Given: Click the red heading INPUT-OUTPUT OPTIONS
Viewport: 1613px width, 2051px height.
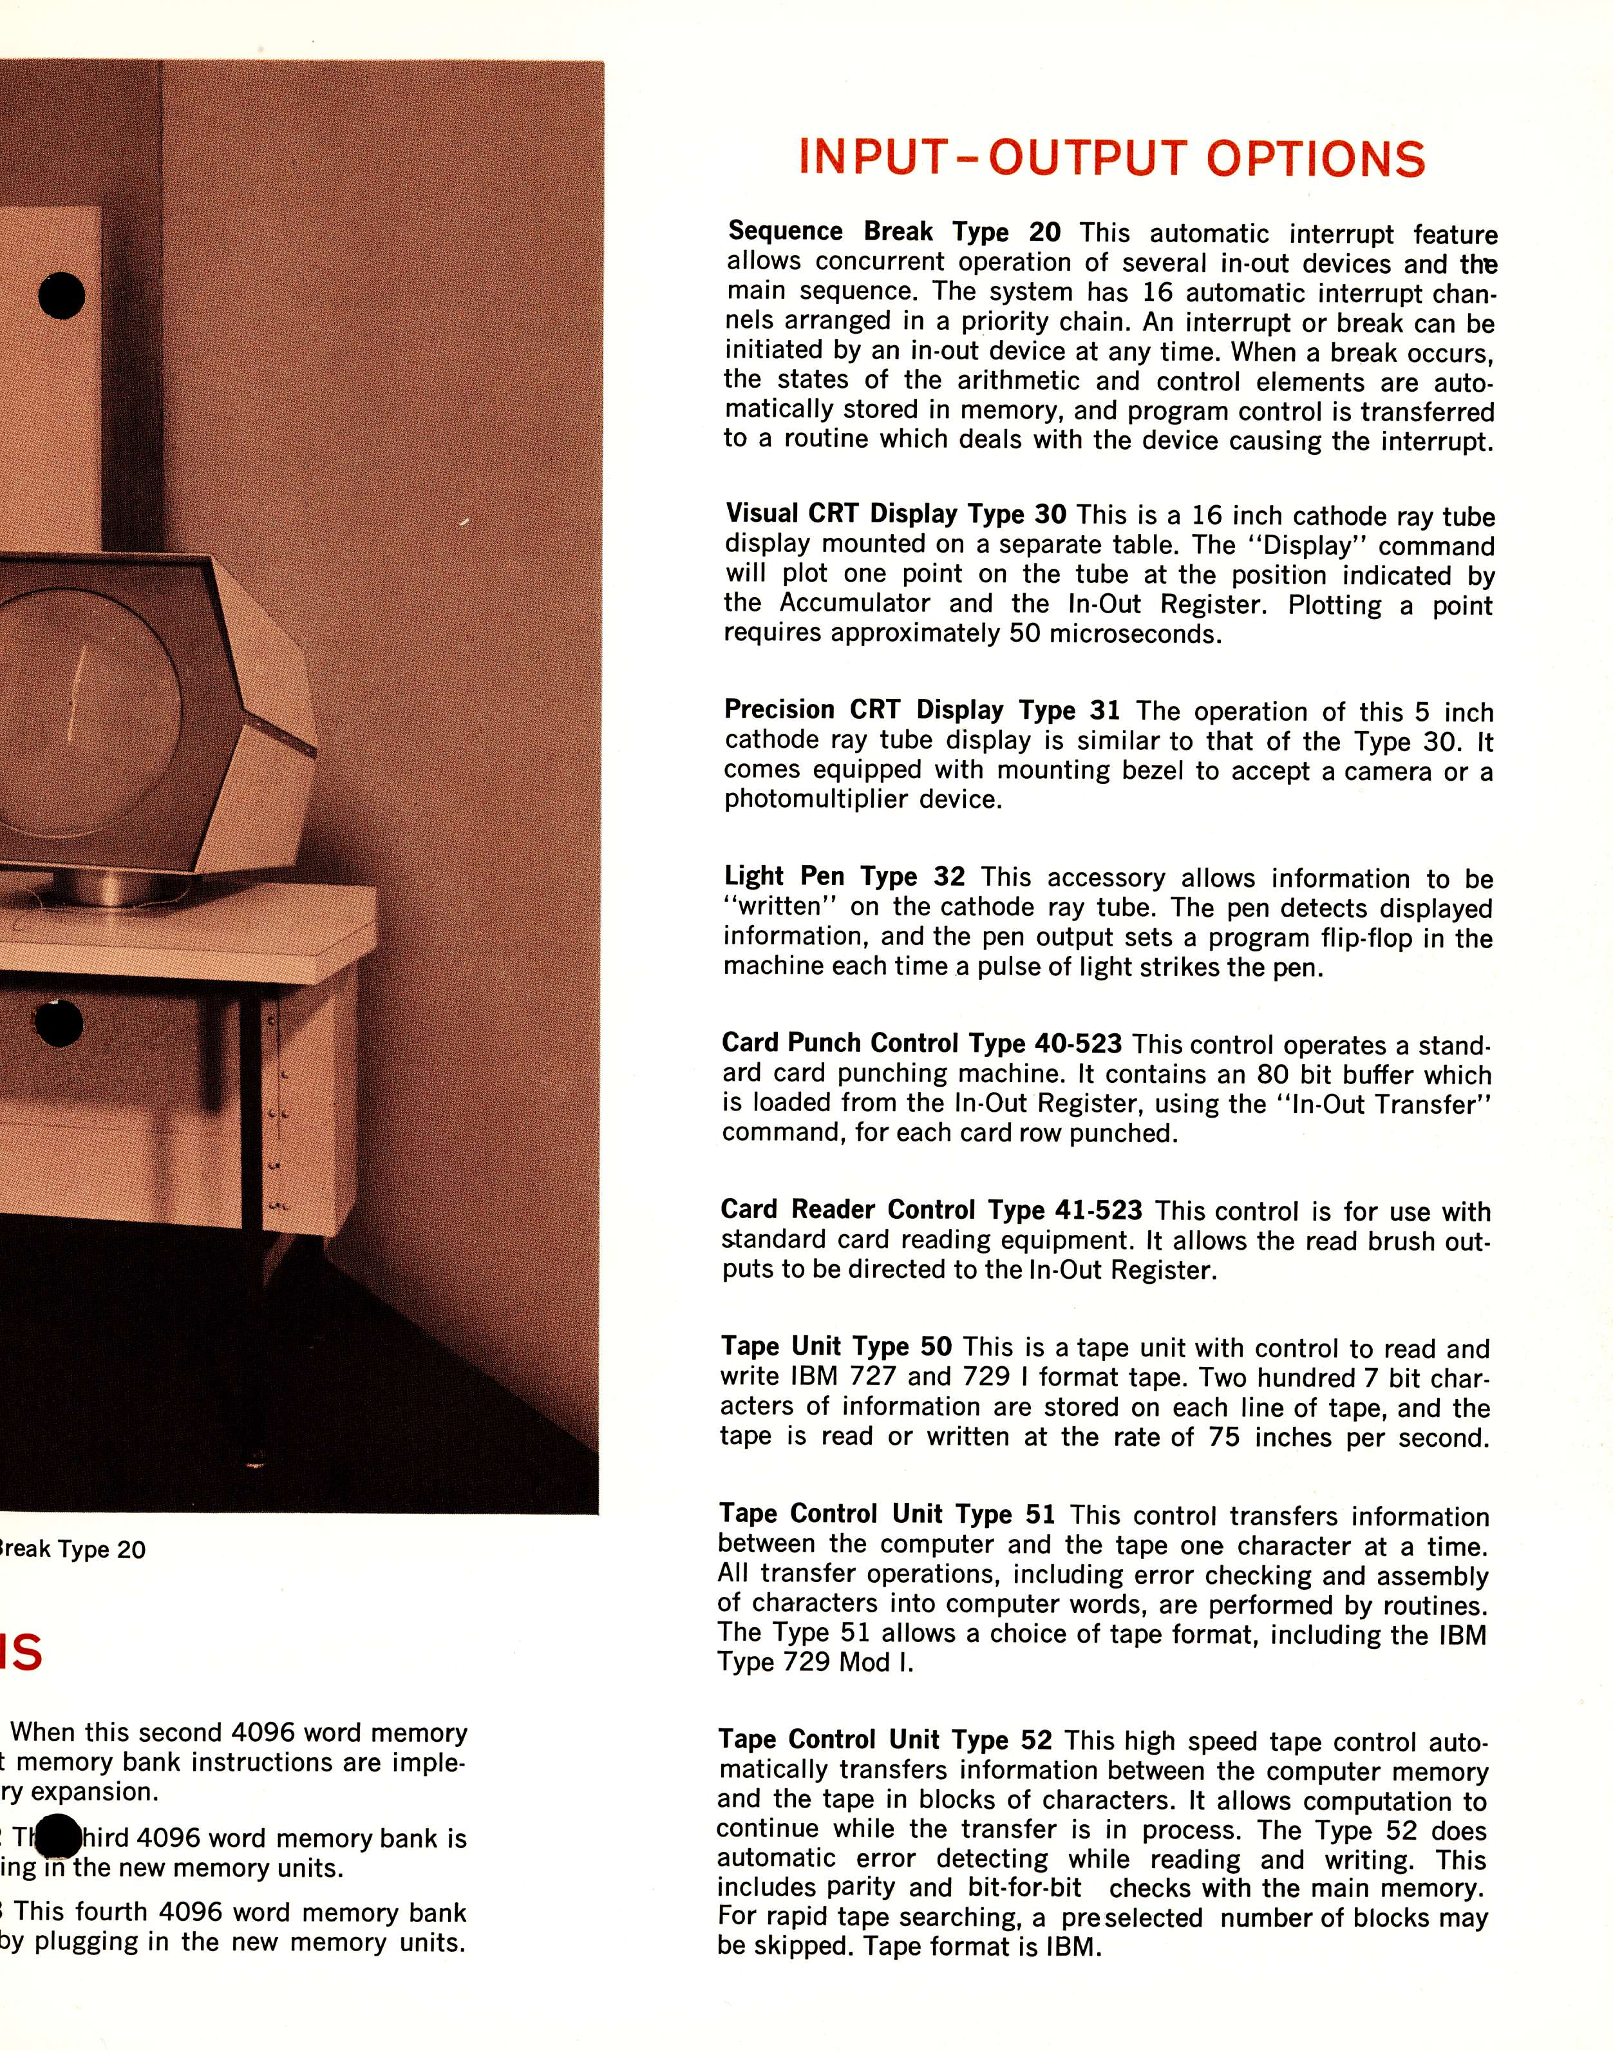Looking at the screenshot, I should point(1111,158).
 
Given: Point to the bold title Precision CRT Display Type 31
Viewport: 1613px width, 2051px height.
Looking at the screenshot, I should point(921,711).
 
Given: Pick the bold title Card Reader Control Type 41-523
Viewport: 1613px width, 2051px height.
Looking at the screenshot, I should point(931,1210).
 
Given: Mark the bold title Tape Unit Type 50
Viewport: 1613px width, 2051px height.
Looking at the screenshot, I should point(836,1346).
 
